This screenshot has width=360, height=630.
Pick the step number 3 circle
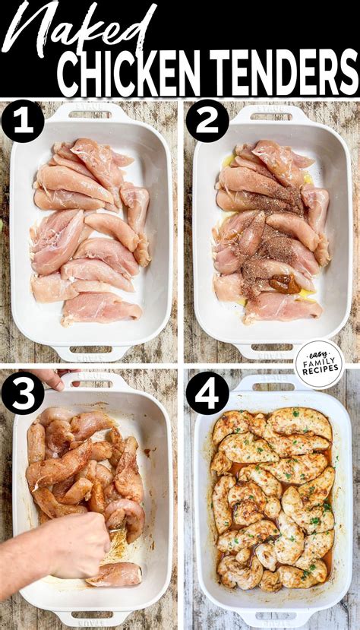pos(23,393)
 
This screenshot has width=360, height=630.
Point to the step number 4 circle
pos(207,393)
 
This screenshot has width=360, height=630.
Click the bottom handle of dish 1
pos(90,353)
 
